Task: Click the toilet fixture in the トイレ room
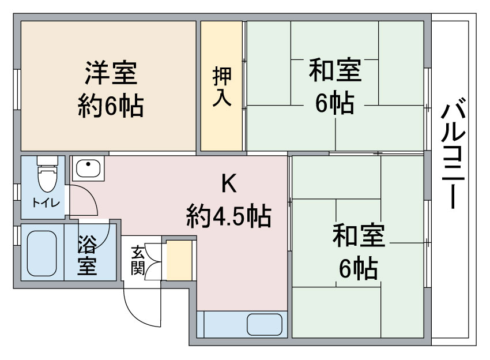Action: coord(47,174)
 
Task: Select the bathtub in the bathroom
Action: coord(42,254)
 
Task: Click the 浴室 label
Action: coord(88,254)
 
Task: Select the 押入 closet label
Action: coord(222,86)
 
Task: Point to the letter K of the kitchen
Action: coord(229,184)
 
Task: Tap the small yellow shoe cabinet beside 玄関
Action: coord(178,261)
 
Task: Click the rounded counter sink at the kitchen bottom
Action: coord(265,324)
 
